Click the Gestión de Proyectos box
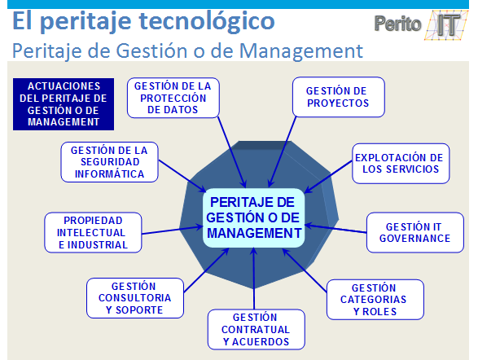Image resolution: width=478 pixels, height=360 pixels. point(337,97)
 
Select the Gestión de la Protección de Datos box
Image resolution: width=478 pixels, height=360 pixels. point(172,97)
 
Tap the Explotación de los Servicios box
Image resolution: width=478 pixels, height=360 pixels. point(397,164)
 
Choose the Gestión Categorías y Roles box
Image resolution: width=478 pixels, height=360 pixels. point(375,300)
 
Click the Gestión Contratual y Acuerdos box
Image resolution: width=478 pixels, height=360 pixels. point(255,329)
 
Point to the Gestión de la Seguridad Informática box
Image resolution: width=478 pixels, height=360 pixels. point(109,162)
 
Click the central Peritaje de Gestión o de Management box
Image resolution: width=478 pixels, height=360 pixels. point(253,217)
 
